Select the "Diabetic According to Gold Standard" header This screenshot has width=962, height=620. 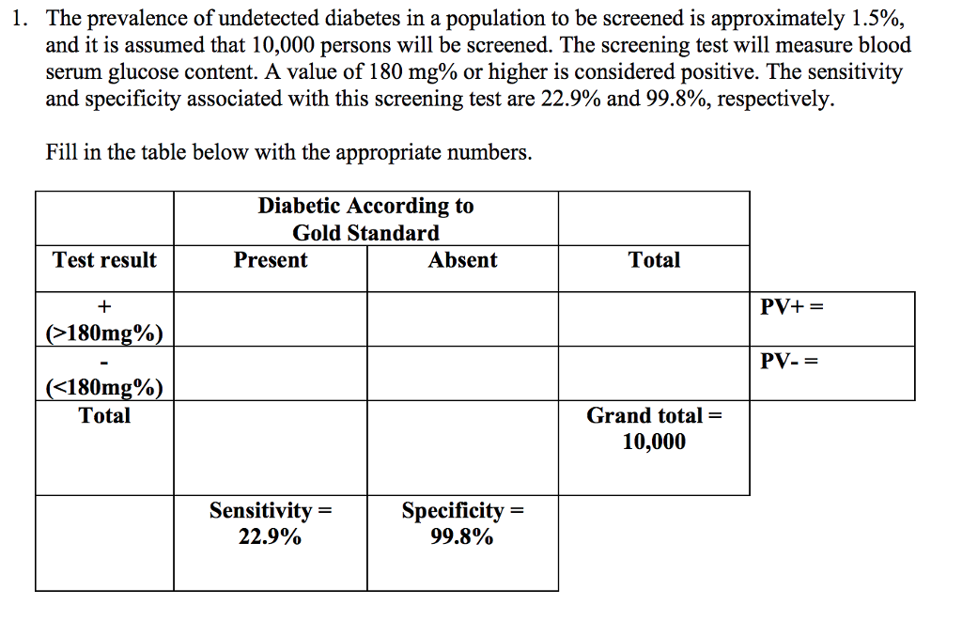pyautogui.click(x=365, y=219)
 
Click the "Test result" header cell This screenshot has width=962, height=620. pyautogui.click(x=104, y=260)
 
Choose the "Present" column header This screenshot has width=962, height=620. pyautogui.click(x=271, y=260)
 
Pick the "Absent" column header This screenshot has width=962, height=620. pyautogui.click(x=462, y=260)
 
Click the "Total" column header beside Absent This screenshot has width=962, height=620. pyautogui.click(x=654, y=260)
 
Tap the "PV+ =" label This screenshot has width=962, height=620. pyautogui.click(x=792, y=306)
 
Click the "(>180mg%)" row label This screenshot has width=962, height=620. pyautogui.click(x=104, y=333)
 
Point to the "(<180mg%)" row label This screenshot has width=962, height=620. pyautogui.click(x=104, y=388)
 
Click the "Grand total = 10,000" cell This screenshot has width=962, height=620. pyautogui.click(x=654, y=428)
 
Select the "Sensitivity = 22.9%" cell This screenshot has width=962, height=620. pyautogui.click(x=271, y=523)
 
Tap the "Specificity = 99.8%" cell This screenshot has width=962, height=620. pyautogui.click(x=462, y=523)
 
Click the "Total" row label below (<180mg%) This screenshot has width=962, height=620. pyautogui.click(x=104, y=415)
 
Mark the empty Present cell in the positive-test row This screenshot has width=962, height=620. pyautogui.click(x=271, y=319)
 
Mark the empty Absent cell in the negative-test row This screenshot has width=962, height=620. pyautogui.click(x=462, y=374)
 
